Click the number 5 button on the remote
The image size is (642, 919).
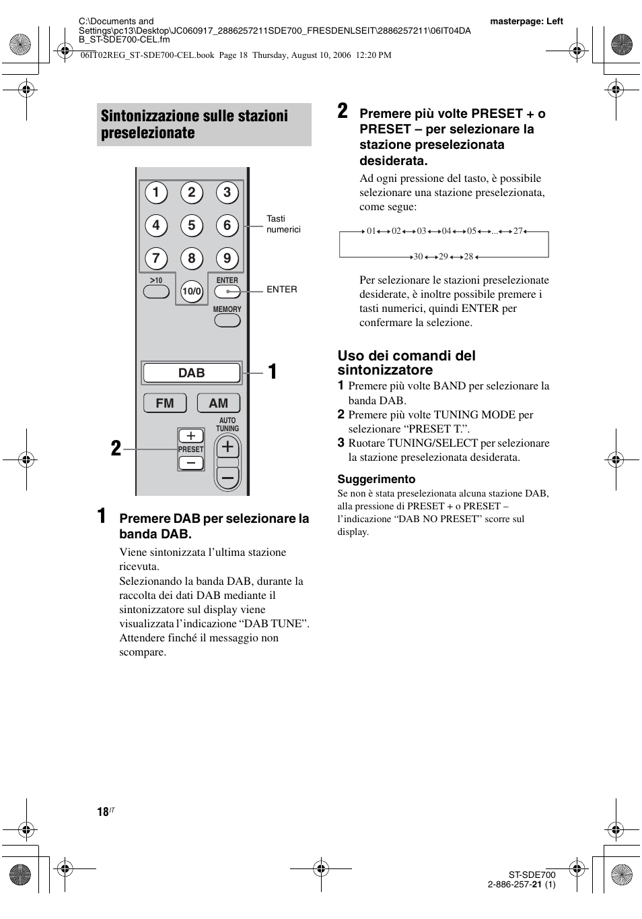coord(191,225)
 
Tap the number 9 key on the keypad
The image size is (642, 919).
coord(227,258)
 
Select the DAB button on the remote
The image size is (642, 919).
coord(192,373)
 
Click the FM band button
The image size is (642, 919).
coord(165,403)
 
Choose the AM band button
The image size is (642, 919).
coord(219,403)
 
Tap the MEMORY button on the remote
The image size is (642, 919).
coord(227,321)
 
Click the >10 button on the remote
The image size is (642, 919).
coord(156,292)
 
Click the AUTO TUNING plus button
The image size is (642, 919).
coord(227,447)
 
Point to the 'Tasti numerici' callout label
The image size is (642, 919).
coord(283,224)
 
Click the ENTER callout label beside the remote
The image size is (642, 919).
coord(281,289)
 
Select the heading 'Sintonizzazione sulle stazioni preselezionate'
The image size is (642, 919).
coord(194,124)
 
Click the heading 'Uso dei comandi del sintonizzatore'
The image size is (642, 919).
coord(406,362)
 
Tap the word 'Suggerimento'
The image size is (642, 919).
coord(376,479)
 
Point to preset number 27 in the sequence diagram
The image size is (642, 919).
coord(518,231)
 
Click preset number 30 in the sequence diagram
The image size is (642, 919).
coord(418,257)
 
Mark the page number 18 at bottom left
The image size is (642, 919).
coord(103,812)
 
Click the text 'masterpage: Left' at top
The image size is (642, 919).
coord(526,21)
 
